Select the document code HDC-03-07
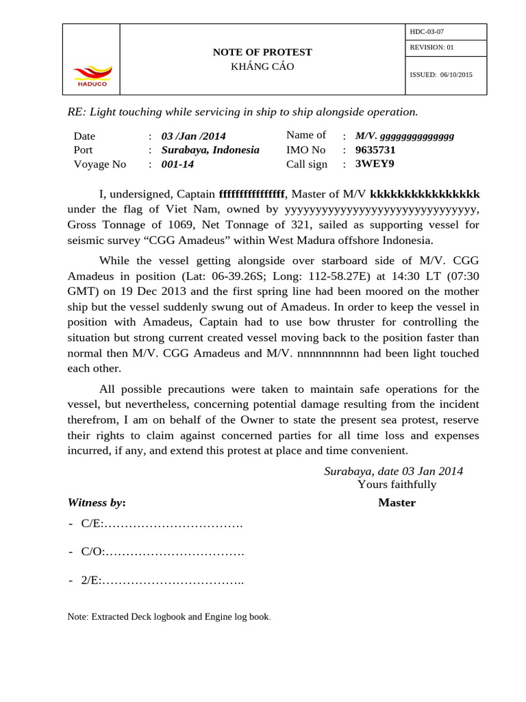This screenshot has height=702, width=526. pyautogui.click(x=427, y=32)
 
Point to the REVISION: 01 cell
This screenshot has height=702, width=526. pyautogui.click(x=431, y=47)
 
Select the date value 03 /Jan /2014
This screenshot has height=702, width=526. pyautogui.click(x=193, y=136)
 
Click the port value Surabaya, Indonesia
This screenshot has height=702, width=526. pyautogui.click(x=210, y=149)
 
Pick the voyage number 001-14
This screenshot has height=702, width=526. pyautogui.click(x=177, y=164)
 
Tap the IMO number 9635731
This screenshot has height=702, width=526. pyautogui.click(x=375, y=149)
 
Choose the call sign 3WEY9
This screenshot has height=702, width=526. pyautogui.click(x=374, y=164)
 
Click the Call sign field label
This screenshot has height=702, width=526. pyautogui.click(x=307, y=164)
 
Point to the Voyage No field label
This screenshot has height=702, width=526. pyautogui.click(x=100, y=164)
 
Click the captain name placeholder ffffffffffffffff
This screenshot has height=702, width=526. pyautogui.click(x=251, y=194)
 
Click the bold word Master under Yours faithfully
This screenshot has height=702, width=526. pyautogui.click(x=397, y=503)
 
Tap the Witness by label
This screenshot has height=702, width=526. pyautogui.click(x=97, y=503)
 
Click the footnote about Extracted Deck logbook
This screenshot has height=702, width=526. pyautogui.click(x=169, y=616)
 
